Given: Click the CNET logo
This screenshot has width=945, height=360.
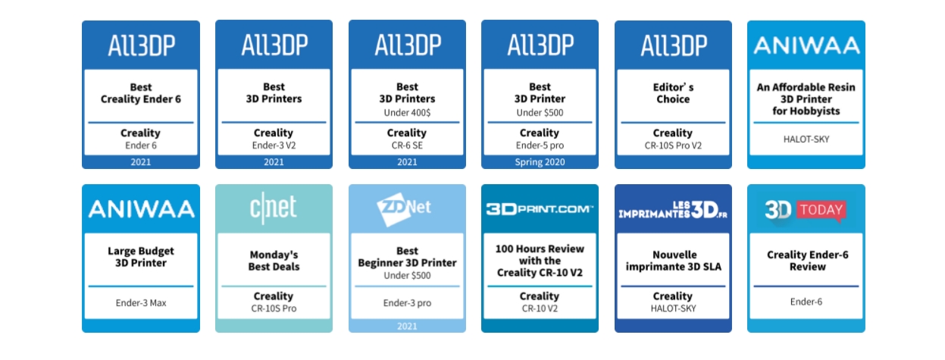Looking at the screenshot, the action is pyautogui.click(x=274, y=208).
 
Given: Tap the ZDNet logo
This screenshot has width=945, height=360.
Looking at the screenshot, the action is pyautogui.click(x=404, y=208).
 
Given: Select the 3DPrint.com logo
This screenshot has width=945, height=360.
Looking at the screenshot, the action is pyautogui.click(x=540, y=209).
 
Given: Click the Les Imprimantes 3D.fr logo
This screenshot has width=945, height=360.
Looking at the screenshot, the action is pyautogui.click(x=673, y=210).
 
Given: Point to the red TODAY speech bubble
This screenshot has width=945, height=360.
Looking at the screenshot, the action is pyautogui.click(x=821, y=210).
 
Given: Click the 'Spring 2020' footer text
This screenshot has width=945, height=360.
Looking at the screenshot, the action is pyautogui.click(x=540, y=162).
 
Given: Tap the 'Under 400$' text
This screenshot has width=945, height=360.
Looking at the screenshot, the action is pyautogui.click(x=407, y=113).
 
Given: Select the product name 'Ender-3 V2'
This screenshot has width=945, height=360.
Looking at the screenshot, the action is pyautogui.click(x=274, y=146).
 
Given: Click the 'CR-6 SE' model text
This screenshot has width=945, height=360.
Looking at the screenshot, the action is pyautogui.click(x=407, y=146).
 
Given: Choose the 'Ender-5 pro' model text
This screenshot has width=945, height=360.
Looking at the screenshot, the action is pyautogui.click(x=540, y=146).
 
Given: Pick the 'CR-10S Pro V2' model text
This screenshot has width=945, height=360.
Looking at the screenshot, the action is pyautogui.click(x=673, y=146).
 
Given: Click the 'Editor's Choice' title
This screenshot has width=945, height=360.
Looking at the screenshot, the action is pyautogui.click(x=673, y=93).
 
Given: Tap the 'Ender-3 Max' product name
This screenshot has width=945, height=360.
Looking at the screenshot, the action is pyautogui.click(x=141, y=303).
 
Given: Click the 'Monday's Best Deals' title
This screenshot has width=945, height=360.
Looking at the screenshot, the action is pyautogui.click(x=274, y=261).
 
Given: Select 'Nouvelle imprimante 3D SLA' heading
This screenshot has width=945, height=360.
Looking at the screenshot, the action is pyautogui.click(x=673, y=261).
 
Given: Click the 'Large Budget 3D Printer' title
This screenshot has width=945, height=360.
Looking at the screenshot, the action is pyautogui.click(x=141, y=257).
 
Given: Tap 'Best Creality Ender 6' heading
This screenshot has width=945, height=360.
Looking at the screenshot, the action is pyautogui.click(x=141, y=93).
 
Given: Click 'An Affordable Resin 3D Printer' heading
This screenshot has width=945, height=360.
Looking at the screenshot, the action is pyautogui.click(x=806, y=93).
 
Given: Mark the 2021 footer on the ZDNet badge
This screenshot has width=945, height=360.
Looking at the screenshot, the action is pyautogui.click(x=407, y=326).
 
